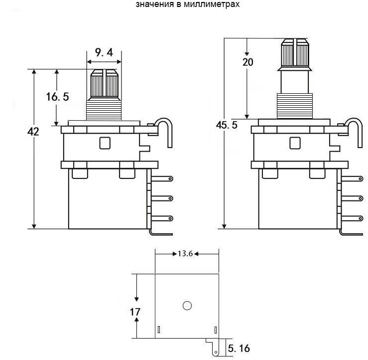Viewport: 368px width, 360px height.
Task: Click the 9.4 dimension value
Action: [104, 52]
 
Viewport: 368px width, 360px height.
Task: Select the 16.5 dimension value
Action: [57, 97]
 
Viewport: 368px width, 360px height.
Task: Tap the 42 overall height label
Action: [33, 132]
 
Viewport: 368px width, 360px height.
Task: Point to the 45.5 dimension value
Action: [227, 125]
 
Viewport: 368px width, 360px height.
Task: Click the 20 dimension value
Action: [248, 62]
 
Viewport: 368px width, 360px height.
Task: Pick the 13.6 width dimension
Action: [185, 254]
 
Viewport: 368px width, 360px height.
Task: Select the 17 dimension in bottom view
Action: [135, 312]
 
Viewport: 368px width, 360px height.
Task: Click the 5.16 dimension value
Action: [239, 348]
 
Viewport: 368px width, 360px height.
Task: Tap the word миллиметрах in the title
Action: [212, 4]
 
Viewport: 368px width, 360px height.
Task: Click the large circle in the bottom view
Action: [187, 306]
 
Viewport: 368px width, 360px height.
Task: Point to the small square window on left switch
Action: [105, 143]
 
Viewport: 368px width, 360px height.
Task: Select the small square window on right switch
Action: [295, 143]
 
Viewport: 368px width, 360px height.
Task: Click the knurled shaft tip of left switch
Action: [105, 84]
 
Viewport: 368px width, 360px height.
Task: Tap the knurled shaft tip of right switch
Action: [295, 53]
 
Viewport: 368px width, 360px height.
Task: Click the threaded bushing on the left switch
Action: [104, 109]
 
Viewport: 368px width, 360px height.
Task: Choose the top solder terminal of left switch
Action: [162, 179]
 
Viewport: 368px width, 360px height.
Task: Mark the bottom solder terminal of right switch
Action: [352, 218]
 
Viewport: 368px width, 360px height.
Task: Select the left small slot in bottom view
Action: [159, 330]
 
